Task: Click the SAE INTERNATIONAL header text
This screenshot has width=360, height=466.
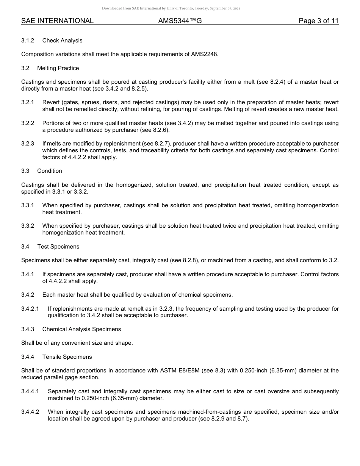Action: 57,21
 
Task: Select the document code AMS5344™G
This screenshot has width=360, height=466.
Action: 180,21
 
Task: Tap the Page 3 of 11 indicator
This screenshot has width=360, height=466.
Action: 318,21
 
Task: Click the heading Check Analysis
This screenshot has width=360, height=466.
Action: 62,41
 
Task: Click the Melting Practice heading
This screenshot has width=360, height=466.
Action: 58,68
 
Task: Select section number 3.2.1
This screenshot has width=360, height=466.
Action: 28,102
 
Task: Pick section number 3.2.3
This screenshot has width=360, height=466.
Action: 28,144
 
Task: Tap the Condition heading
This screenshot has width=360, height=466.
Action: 50,171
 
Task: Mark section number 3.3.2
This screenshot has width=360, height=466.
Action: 28,226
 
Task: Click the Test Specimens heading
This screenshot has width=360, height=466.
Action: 58,247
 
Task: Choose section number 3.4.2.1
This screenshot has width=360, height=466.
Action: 30,309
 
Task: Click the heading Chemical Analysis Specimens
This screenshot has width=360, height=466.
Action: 81,329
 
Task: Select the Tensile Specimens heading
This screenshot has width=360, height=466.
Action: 67,357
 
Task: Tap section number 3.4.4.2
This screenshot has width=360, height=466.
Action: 30,412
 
